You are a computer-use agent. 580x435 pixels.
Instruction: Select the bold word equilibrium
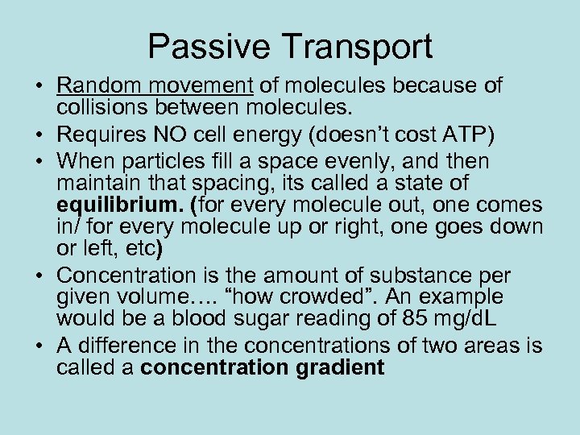[110, 205]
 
